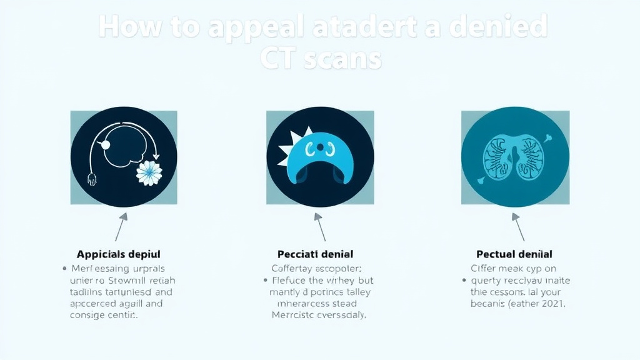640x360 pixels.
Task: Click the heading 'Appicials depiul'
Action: [119, 254]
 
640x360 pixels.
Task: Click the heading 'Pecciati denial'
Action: [315, 254]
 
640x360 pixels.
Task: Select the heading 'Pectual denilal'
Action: [514, 254]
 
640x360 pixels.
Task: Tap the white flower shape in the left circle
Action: [149, 173]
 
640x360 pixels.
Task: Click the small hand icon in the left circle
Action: [92, 180]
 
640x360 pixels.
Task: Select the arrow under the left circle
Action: [121, 226]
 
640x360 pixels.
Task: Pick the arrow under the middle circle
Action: [320, 226]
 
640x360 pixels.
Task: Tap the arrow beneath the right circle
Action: [518, 226]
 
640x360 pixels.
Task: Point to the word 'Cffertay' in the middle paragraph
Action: [292, 268]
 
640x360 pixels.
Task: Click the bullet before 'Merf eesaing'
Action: [65, 268]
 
